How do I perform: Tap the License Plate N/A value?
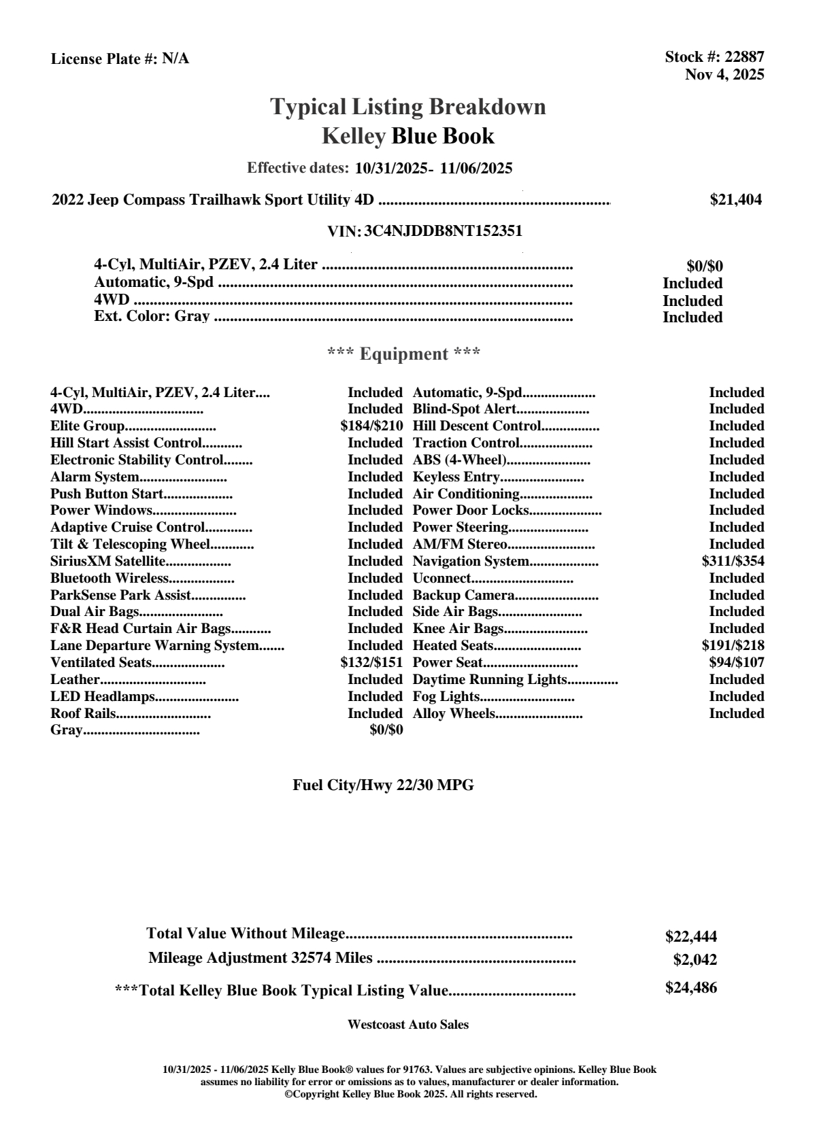point(176,58)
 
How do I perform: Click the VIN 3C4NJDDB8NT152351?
point(443,230)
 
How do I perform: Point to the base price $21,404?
point(735,200)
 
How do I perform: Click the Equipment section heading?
point(403,354)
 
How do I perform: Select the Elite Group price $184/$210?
point(371,426)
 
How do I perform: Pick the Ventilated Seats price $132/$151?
point(371,663)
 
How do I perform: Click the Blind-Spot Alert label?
point(465,409)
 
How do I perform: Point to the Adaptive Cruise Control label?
point(127,528)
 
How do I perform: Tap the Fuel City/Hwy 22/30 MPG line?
point(383,785)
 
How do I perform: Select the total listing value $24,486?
point(690,988)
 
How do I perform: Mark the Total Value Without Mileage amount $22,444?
point(690,937)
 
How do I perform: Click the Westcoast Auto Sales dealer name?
point(407,1025)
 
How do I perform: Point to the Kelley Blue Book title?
point(407,136)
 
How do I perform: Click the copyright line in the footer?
point(410,1094)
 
